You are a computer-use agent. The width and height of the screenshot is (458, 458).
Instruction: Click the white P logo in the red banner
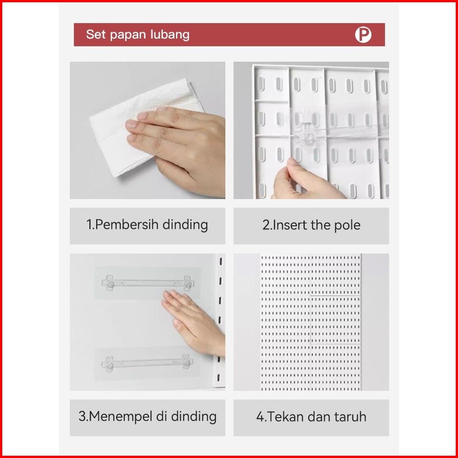coord(363,35)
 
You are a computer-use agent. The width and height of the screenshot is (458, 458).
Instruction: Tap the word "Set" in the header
coord(96,34)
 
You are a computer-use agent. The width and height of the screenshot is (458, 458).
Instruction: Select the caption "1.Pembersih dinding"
coord(147,225)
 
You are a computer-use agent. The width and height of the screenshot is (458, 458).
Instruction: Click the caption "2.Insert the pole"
coord(312,225)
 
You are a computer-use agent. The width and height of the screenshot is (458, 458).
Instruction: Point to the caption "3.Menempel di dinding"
coord(147,416)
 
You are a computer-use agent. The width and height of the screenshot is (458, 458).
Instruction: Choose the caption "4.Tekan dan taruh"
coord(312,417)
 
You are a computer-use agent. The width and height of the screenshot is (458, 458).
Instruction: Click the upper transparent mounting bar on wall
coord(148,283)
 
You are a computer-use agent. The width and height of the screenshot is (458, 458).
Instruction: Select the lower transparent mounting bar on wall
coord(147,363)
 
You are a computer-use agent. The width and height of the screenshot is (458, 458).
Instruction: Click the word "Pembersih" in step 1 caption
coord(127,225)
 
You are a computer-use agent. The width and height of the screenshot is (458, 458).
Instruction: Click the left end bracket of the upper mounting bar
coord(108,283)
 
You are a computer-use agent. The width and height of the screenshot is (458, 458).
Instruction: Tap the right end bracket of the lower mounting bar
coord(187,362)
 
